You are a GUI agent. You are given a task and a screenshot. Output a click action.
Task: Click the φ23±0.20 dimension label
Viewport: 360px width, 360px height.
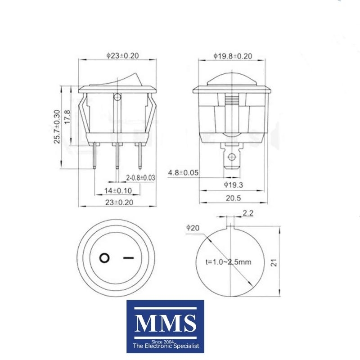(122, 55)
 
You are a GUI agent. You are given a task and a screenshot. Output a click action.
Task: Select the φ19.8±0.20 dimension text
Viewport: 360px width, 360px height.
(233, 56)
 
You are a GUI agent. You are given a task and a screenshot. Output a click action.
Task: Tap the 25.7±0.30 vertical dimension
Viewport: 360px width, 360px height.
(57, 127)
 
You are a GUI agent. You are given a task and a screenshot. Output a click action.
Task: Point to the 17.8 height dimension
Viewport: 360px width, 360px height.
(67, 117)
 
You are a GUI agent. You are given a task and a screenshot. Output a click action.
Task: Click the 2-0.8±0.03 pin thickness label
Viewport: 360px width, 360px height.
(140, 177)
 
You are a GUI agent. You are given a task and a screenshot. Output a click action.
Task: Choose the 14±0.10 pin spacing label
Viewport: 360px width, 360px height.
(118, 190)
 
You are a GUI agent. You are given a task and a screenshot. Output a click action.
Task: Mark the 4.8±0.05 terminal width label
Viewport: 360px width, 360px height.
(183, 173)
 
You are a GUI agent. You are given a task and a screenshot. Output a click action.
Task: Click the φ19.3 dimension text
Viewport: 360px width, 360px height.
(234, 185)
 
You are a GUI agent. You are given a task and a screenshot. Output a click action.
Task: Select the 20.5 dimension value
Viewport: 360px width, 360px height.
(233, 198)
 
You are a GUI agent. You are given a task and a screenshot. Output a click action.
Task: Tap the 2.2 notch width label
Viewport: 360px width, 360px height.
(248, 213)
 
